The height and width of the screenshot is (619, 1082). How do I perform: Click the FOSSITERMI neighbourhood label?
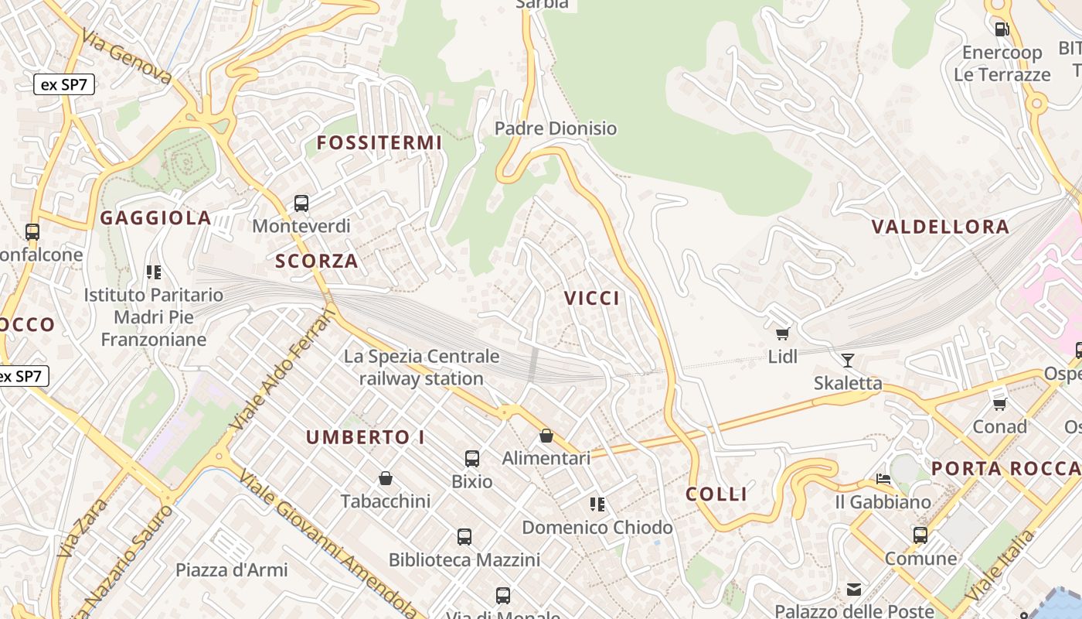click(x=379, y=142)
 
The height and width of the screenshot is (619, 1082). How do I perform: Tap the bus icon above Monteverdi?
click(x=301, y=203)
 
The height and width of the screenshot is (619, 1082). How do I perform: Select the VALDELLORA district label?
click(x=941, y=227)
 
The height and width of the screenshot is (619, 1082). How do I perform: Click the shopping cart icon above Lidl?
click(x=783, y=333)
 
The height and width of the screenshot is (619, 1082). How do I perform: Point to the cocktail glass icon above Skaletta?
click(x=848, y=360)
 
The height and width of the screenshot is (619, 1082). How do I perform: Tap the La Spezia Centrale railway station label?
click(x=422, y=368)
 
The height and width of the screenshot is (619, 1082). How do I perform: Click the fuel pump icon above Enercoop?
click(x=1002, y=29)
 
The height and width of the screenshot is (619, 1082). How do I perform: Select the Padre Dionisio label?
click(x=556, y=128)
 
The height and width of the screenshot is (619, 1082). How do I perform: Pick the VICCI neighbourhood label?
click(x=592, y=298)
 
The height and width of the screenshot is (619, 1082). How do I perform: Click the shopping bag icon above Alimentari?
click(x=546, y=436)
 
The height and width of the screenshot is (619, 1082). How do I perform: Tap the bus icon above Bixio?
click(x=472, y=459)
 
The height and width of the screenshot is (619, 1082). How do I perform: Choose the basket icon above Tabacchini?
click(x=386, y=478)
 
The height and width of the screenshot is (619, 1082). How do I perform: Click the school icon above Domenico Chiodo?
click(x=597, y=504)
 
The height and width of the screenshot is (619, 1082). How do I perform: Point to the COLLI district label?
click(x=716, y=494)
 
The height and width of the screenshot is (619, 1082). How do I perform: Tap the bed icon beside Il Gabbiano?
click(x=883, y=479)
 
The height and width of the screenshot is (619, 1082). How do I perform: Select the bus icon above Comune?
click(x=920, y=535)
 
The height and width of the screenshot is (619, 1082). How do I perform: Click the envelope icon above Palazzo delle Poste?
click(x=854, y=590)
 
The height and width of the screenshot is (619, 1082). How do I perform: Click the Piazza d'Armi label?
click(x=232, y=570)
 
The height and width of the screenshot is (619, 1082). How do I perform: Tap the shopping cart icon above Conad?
click(x=999, y=403)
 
